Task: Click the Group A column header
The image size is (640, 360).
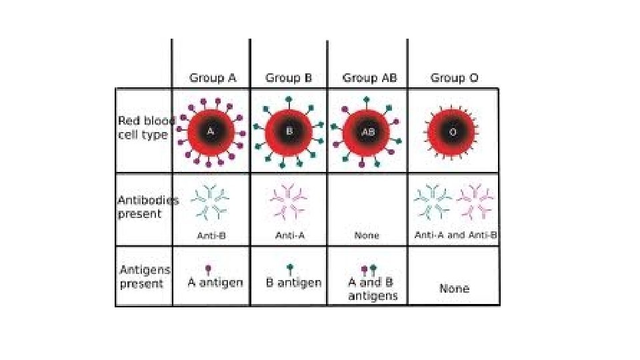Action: click(213, 78)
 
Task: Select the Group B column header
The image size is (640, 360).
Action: click(289, 78)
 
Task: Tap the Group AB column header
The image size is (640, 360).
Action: click(369, 78)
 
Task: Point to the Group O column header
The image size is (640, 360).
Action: click(454, 78)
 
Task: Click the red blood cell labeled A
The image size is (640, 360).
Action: click(211, 132)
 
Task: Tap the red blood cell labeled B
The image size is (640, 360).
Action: click(289, 132)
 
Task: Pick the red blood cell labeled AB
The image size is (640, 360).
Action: click(367, 132)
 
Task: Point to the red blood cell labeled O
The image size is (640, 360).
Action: click(453, 132)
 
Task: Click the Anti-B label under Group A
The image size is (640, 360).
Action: click(211, 235)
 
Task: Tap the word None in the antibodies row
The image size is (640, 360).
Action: click(367, 235)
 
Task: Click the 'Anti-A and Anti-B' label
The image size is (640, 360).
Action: click(456, 235)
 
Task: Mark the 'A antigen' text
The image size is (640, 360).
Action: click(215, 283)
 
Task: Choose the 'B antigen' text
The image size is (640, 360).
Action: click(293, 283)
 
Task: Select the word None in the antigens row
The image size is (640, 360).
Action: click(454, 289)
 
